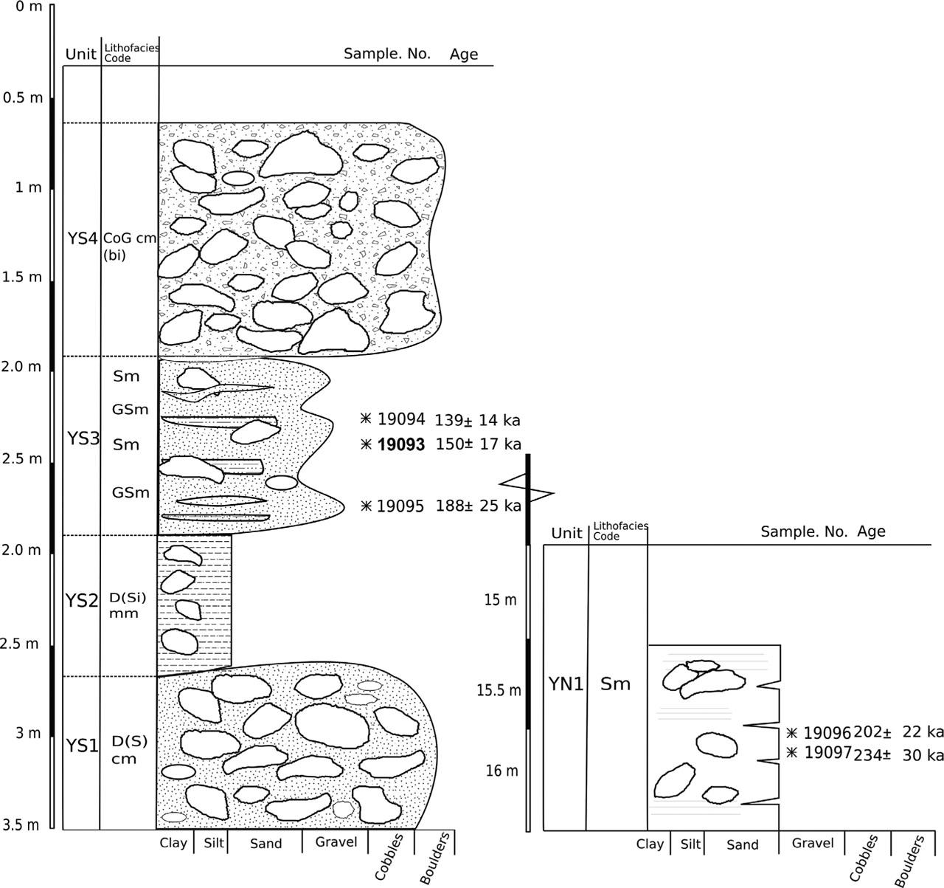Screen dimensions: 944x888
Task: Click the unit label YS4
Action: pyautogui.click(x=83, y=238)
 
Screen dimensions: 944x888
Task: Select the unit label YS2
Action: pyautogui.click(x=81, y=601)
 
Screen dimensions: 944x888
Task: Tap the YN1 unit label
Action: pyautogui.click(x=566, y=684)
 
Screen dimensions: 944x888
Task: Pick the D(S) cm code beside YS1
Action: pyautogui.click(x=129, y=750)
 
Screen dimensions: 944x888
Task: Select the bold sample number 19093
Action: pyautogui.click(x=400, y=444)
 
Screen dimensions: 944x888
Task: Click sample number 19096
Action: pyautogui.click(x=827, y=733)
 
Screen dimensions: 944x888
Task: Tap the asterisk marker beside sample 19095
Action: pyautogui.click(x=366, y=506)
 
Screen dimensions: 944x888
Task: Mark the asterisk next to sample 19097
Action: pyautogui.click(x=791, y=752)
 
